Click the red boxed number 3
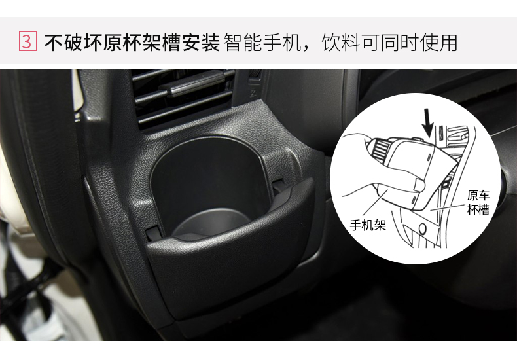tap(27, 41)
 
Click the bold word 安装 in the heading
tap(201, 43)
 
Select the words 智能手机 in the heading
tap(262, 43)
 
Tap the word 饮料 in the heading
tap(341, 43)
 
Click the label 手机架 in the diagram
tap(368, 226)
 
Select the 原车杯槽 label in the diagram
tap(478, 202)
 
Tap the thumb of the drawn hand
tap(418, 185)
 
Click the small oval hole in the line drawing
tap(423, 228)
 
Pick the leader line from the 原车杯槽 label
tap(448, 207)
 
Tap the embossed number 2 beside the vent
tap(253, 94)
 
